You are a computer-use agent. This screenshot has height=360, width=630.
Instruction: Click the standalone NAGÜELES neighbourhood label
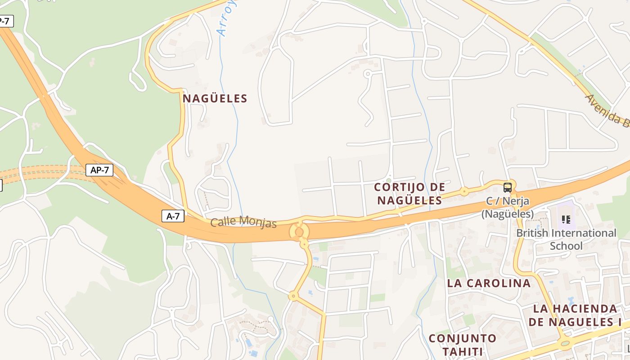[x=215, y=99]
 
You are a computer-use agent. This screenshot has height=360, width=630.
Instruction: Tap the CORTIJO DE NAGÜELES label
[x=409, y=193]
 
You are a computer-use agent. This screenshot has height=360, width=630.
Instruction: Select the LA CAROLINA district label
[x=489, y=283]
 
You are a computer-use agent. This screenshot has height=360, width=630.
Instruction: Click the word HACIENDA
[x=585, y=309]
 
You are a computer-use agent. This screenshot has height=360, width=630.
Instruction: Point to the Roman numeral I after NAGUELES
[x=619, y=322]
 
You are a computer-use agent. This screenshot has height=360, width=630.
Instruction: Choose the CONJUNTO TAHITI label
[x=462, y=345]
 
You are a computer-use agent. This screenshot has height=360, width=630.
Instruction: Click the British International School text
[x=566, y=239]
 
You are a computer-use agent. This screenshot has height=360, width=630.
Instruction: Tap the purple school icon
[x=566, y=220]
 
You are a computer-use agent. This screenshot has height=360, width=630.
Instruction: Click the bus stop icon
[x=508, y=187]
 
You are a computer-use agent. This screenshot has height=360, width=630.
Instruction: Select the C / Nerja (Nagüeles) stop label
[x=508, y=207]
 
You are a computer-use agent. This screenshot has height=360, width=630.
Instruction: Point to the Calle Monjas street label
[x=243, y=221]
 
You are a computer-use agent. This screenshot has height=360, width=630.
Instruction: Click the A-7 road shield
[x=173, y=216]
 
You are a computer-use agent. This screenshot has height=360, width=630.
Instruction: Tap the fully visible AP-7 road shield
[x=99, y=170]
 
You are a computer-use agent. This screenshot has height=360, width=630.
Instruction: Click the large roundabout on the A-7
[x=299, y=231]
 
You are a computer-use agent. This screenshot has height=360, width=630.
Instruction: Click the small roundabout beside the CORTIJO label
[x=464, y=192]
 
